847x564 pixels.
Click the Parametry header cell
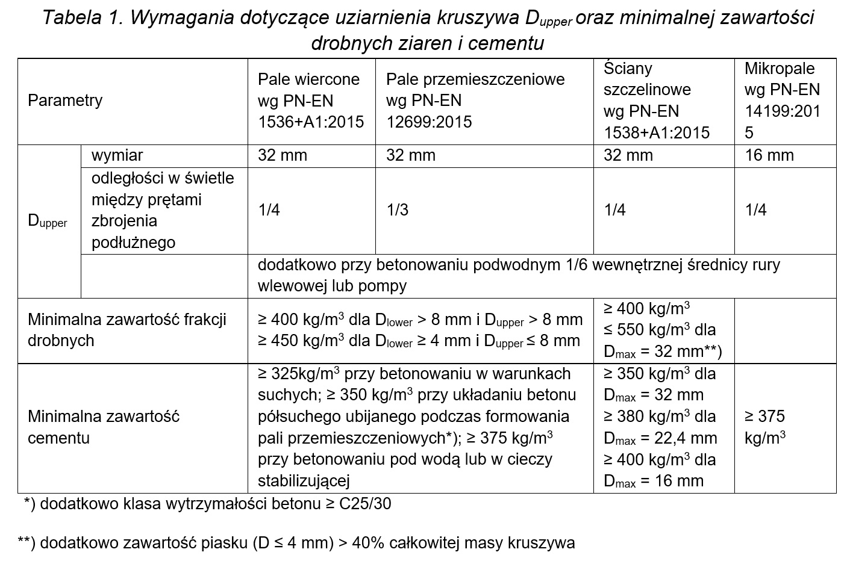coord(65,101)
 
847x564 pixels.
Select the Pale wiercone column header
coord(310,101)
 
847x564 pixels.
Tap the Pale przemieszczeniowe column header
coord(475,101)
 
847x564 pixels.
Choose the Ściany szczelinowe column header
coord(656,100)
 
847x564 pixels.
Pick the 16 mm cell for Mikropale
coord(769,155)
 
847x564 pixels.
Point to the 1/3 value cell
coord(398,210)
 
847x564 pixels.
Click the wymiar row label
coord(117,155)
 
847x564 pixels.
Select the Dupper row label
coord(48,221)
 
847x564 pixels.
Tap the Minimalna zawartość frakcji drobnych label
coord(127,330)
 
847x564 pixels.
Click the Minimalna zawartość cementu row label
coord(104,427)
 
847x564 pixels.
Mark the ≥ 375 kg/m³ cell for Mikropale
coord(765,427)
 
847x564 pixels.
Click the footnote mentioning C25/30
coord(207,503)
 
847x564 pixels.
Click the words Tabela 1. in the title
coord(83,18)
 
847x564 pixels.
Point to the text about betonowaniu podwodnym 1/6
coord(518,275)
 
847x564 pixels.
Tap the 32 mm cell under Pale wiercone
coord(283,155)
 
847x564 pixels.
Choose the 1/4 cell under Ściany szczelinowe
coord(614,210)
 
